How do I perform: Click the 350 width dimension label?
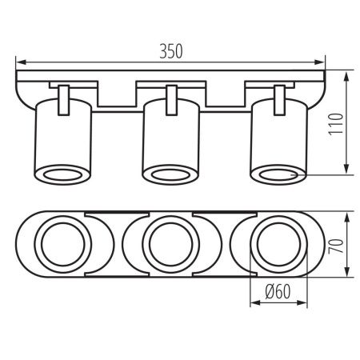click(x=171, y=51)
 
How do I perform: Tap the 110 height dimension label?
click(x=335, y=124)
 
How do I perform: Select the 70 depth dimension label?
click(x=336, y=246)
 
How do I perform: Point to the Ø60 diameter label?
click(x=278, y=291)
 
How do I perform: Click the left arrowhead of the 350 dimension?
click(x=21, y=62)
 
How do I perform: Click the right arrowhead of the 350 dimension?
click(x=320, y=62)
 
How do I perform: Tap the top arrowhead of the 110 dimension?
click(x=346, y=77)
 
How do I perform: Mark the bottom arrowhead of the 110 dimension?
click(x=346, y=169)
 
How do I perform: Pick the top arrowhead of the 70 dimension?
click(x=346, y=218)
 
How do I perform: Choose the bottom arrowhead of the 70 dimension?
click(x=346, y=271)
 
